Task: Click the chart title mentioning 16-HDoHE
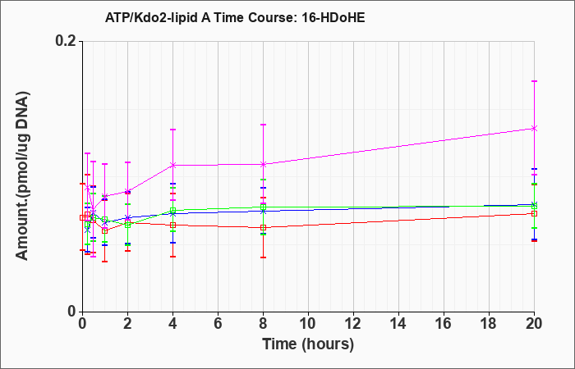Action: tap(235, 17)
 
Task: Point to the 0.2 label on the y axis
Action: tap(66, 41)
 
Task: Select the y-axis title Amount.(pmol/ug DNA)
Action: tap(23, 176)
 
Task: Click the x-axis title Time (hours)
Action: tap(308, 344)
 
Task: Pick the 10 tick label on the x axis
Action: tap(308, 324)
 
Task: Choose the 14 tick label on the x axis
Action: tap(398, 324)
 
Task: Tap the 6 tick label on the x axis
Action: tap(218, 324)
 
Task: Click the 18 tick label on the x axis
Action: tap(490, 324)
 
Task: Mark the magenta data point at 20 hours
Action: tap(534, 128)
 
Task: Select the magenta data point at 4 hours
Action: tap(172, 165)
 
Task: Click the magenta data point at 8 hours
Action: tap(264, 164)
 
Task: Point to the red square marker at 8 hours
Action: tap(264, 228)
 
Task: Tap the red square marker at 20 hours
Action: tap(534, 213)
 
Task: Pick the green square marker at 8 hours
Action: tap(264, 207)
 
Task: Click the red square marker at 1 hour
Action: tap(105, 230)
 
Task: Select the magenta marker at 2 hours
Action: tap(127, 191)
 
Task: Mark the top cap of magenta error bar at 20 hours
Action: tap(534, 81)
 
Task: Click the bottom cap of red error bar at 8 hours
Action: tap(264, 257)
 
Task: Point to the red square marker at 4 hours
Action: tap(172, 225)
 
